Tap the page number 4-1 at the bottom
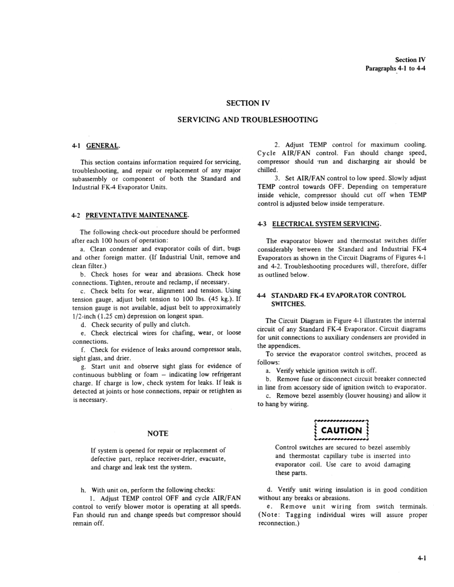tap(421, 558)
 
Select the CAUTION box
tap(342, 430)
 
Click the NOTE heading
tap(158, 433)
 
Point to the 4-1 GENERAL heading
tap(95, 146)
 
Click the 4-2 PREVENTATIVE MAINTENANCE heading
tap(131, 215)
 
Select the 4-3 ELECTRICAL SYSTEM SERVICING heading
tap(320, 223)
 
